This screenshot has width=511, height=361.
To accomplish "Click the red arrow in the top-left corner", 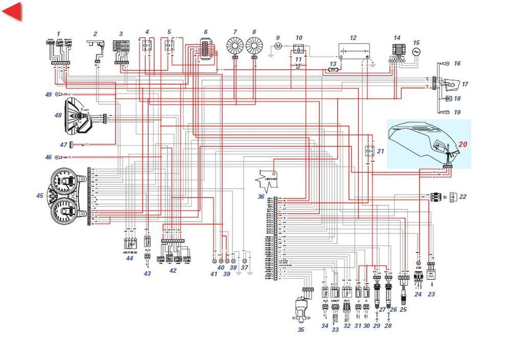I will click(12, 12).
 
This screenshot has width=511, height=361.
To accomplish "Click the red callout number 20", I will click(462, 145).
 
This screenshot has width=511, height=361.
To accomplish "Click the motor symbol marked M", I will click(278, 46).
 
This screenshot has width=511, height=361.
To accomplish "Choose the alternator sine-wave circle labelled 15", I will click(416, 53).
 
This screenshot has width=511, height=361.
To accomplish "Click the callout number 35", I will click(300, 330).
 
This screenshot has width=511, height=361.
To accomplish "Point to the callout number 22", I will click(463, 197).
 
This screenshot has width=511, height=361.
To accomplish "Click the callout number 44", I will click(129, 259).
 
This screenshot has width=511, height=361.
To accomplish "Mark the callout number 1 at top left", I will click(58, 34).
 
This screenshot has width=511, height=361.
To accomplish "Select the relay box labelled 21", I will click(368, 152).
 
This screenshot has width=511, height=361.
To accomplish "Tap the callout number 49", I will click(48, 94).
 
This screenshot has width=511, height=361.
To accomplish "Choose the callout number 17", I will click(464, 84).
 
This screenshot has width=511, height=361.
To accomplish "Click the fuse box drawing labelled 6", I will click(205, 52).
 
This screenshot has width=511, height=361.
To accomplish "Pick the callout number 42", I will click(173, 271).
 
